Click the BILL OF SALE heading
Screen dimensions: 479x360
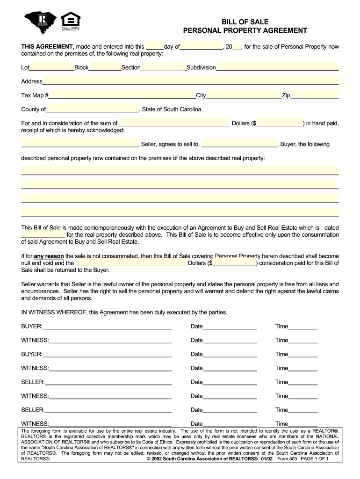pyautogui.click(x=245, y=22)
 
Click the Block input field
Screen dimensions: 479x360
pyautogui.click(x=105, y=67)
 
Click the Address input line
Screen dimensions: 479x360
pyautogui.click(x=190, y=81)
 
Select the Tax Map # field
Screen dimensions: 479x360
pyautogui.click(x=122, y=95)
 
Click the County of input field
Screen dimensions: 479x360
pyautogui.click(x=92, y=109)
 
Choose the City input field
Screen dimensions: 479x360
pyautogui.click(x=244, y=95)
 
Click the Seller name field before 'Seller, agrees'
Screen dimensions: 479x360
pyautogui.click(x=79, y=144)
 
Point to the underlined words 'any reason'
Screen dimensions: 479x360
pyautogui.click(x=49, y=256)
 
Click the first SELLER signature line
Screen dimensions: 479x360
pyautogui.click(x=108, y=382)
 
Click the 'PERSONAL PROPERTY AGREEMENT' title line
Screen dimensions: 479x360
pyautogui.click(x=245, y=31)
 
